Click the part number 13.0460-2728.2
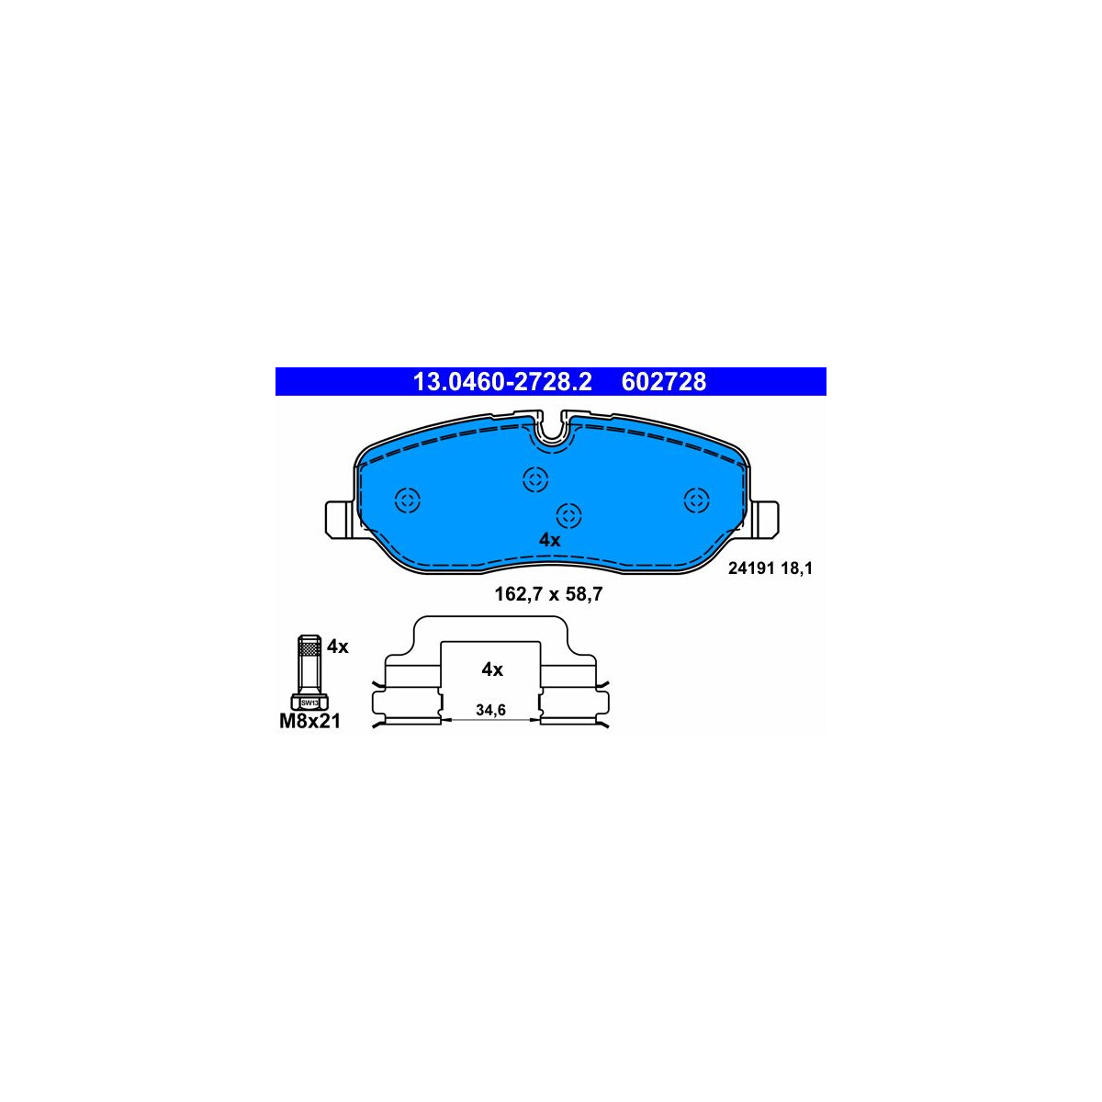(502, 382)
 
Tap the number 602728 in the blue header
(664, 382)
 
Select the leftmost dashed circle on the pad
(407, 500)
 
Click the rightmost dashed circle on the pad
(697, 500)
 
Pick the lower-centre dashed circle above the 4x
(570, 515)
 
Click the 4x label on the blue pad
(549, 540)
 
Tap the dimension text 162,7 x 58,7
(548, 594)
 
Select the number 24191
(750, 568)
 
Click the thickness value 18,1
(797, 568)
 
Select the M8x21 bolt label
(309, 722)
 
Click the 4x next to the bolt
(338, 647)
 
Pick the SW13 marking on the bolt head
(309, 703)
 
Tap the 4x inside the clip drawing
(492, 669)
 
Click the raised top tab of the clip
(491, 628)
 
